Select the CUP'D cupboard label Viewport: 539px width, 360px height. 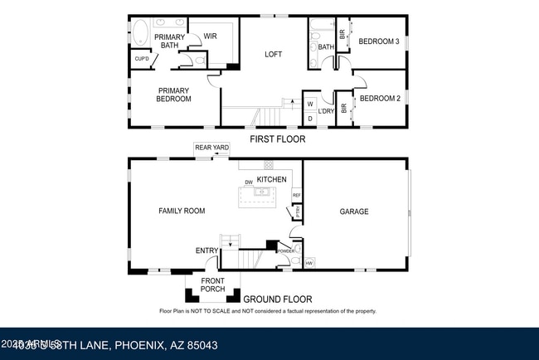(142, 59)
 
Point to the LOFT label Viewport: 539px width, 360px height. (273, 55)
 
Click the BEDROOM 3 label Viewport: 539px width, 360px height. (380, 41)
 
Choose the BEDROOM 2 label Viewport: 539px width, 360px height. (380, 99)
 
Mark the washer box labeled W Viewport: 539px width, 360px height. (310, 105)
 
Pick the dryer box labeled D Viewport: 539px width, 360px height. (310, 119)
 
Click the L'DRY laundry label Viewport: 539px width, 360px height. (327, 111)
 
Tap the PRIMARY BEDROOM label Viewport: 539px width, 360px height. (174, 95)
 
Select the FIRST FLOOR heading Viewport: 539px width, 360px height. (277, 139)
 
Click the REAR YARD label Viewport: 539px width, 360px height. (211, 148)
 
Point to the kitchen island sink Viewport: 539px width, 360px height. (261, 192)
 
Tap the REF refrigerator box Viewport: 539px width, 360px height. (296, 196)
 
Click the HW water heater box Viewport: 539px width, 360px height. (309, 264)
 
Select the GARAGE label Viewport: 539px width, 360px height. (354, 212)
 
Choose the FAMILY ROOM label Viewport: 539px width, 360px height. (182, 212)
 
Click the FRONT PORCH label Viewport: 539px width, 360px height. (212, 285)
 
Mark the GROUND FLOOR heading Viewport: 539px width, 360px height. (278, 299)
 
